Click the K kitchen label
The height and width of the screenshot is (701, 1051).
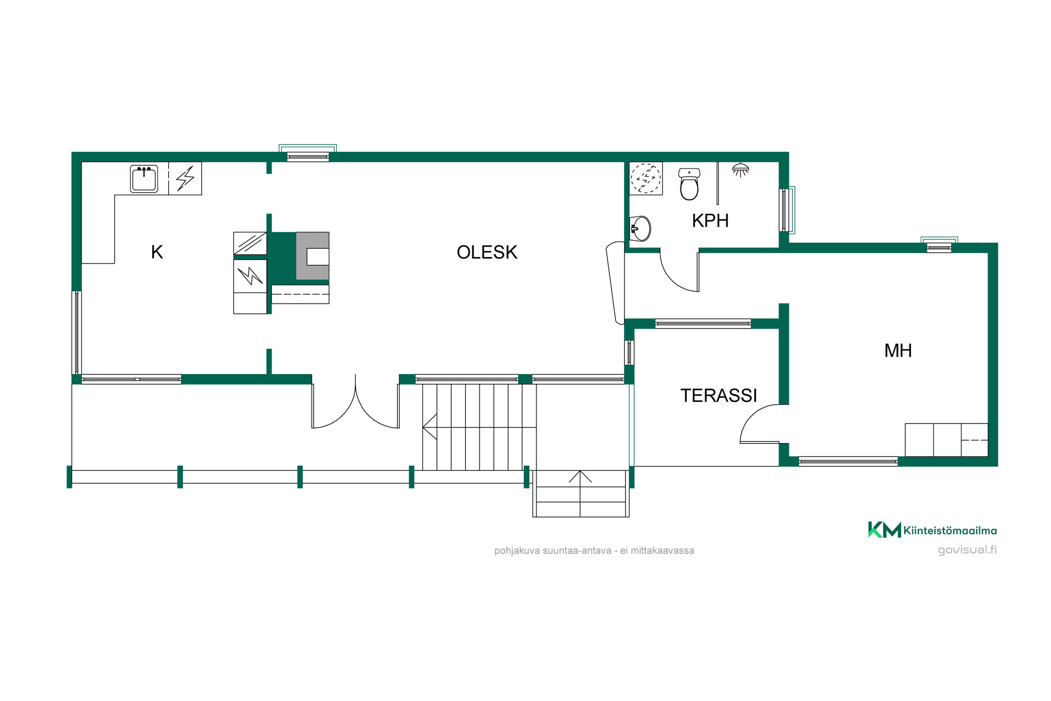(157, 252)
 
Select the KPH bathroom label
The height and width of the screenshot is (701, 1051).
(710, 221)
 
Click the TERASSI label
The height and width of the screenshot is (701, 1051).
(719, 396)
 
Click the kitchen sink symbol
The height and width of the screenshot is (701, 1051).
(144, 179)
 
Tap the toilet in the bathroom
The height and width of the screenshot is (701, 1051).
(689, 184)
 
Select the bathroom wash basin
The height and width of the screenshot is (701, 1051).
(640, 229)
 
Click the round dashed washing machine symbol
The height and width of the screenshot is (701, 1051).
(646, 178)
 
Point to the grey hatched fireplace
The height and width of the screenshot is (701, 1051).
(312, 256)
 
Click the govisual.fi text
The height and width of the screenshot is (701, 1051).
(967, 550)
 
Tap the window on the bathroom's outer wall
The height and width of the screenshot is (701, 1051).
(787, 210)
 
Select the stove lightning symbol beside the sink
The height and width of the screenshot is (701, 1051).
(185, 178)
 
